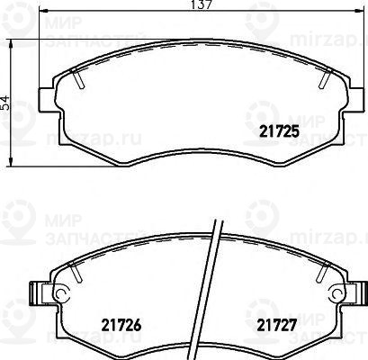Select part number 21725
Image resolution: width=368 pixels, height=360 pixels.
[x=280, y=132]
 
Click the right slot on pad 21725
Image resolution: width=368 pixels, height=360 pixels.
[x=320, y=82]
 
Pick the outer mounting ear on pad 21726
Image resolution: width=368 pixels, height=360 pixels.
[x=39, y=293]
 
